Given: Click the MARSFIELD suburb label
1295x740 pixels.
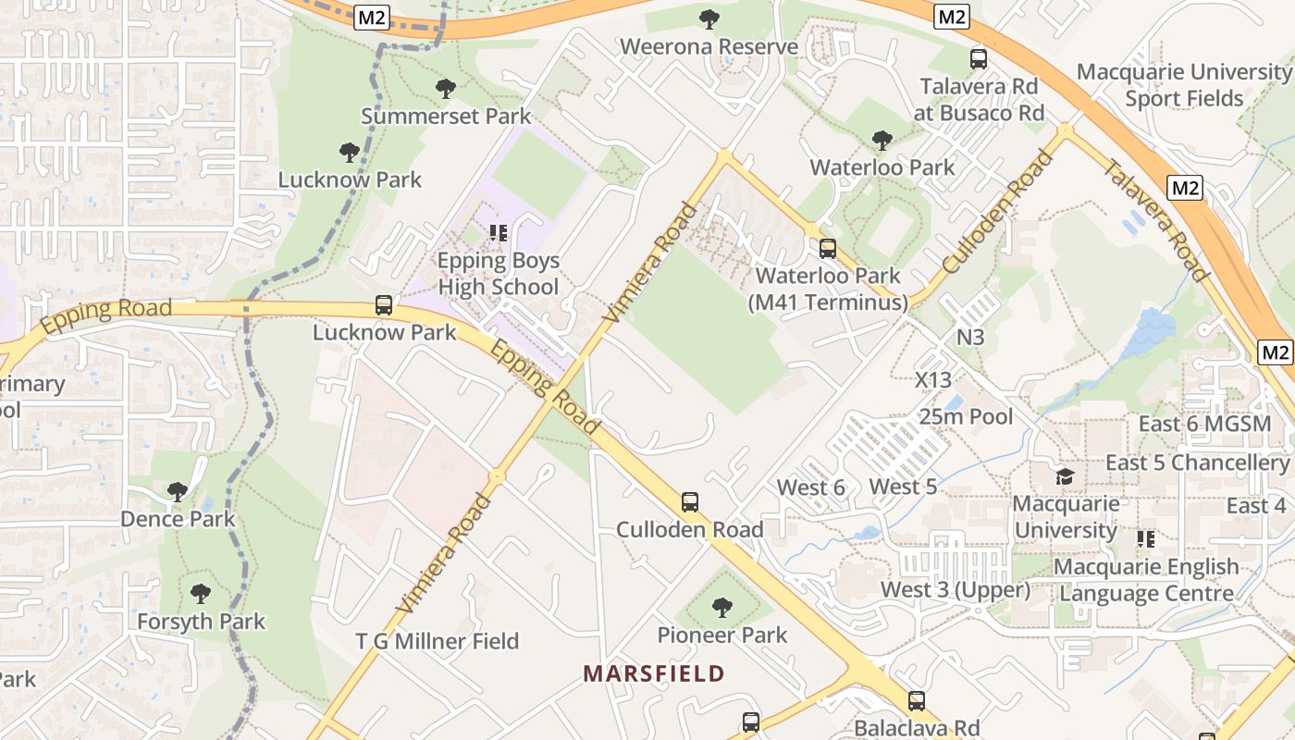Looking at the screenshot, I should [653, 673].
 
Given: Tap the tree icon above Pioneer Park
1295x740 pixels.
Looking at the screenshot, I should [722, 608].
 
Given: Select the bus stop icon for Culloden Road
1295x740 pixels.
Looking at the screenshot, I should [690, 502].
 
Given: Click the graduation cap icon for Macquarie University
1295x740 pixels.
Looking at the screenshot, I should [1065, 476].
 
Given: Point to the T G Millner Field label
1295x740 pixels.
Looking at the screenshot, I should [438, 641].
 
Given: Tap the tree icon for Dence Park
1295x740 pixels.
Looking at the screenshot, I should [178, 492].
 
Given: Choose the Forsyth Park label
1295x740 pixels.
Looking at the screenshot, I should [201, 622].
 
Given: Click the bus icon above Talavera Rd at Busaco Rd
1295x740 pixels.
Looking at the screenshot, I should [979, 59].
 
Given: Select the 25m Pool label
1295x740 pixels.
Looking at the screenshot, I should [966, 416].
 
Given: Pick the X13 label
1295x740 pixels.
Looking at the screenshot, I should [932, 379].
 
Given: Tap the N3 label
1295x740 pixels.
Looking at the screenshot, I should [969, 337].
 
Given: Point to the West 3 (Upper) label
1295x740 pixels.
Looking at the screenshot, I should [955, 589].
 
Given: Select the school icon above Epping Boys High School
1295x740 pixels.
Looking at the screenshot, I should [499, 233].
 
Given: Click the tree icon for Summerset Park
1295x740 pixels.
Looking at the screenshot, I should [446, 89].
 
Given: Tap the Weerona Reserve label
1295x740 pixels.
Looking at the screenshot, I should [709, 46].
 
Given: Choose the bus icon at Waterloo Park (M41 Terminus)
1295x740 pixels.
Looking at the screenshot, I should [827, 249].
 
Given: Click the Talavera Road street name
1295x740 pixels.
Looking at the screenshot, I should [1156, 220].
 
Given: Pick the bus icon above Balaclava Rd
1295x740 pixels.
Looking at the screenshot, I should [916, 701].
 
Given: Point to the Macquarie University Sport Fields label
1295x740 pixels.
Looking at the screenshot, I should [1184, 85].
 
